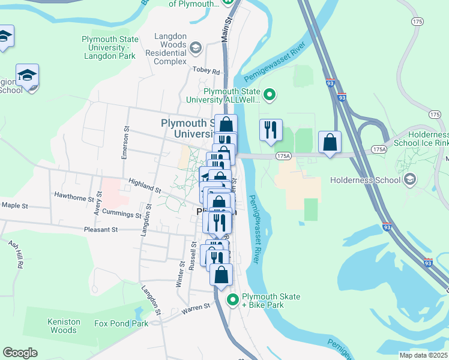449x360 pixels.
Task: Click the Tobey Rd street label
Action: coord(206,70)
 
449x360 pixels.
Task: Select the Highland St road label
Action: coord(145,185)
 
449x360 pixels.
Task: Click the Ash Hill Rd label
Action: coord(16,254)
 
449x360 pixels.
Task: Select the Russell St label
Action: coord(193,256)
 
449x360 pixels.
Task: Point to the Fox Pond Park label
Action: coord(121,323)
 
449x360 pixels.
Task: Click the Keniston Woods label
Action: coord(64,326)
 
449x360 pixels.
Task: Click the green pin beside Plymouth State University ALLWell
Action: coord(270,94)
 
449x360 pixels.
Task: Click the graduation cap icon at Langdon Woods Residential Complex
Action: coord(195,47)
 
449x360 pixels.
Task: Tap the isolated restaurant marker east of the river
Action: coord(271,129)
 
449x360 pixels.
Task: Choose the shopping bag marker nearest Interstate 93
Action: coord(330,142)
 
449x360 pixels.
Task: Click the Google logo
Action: coord(20,353)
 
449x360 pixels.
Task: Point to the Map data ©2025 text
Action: coord(423,355)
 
